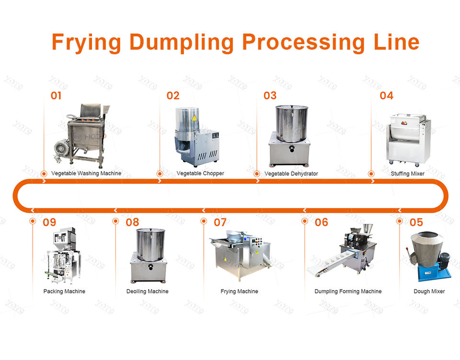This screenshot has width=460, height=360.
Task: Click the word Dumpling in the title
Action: (x=181, y=42)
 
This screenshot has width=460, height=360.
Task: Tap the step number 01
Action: (x=56, y=96)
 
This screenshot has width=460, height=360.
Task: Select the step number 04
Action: (x=386, y=96)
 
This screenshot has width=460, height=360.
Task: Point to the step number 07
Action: (x=220, y=222)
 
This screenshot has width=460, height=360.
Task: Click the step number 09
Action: (x=49, y=222)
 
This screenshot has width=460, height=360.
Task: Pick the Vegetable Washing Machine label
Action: (x=86, y=173)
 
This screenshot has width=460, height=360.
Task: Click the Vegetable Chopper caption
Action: (x=200, y=173)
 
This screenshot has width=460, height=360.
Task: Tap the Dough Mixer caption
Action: (x=429, y=291)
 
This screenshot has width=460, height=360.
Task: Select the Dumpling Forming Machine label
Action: (x=348, y=291)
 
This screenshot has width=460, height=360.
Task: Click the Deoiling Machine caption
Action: (x=147, y=291)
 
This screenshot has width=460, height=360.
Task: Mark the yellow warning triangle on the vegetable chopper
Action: (x=194, y=117)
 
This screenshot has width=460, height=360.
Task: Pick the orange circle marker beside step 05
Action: (x=400, y=221)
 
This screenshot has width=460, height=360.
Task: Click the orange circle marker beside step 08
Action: (x=115, y=221)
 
